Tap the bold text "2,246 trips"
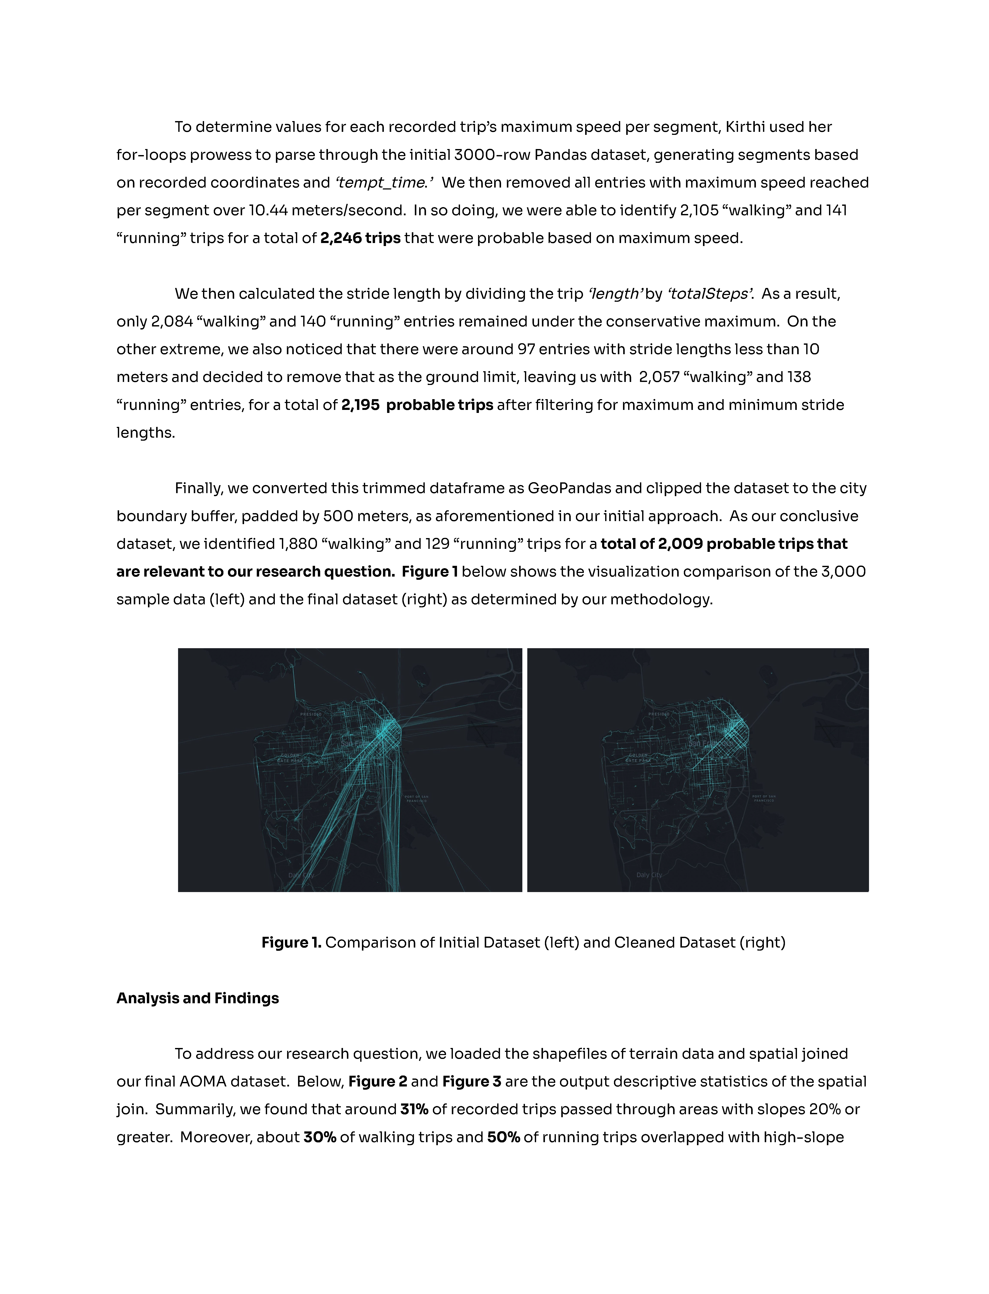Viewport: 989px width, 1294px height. coord(360,238)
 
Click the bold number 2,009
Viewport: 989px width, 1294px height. coord(680,544)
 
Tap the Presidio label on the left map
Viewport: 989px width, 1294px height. coord(311,714)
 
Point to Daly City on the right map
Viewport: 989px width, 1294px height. coord(649,875)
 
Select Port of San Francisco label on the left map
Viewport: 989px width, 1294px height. coord(417,799)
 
